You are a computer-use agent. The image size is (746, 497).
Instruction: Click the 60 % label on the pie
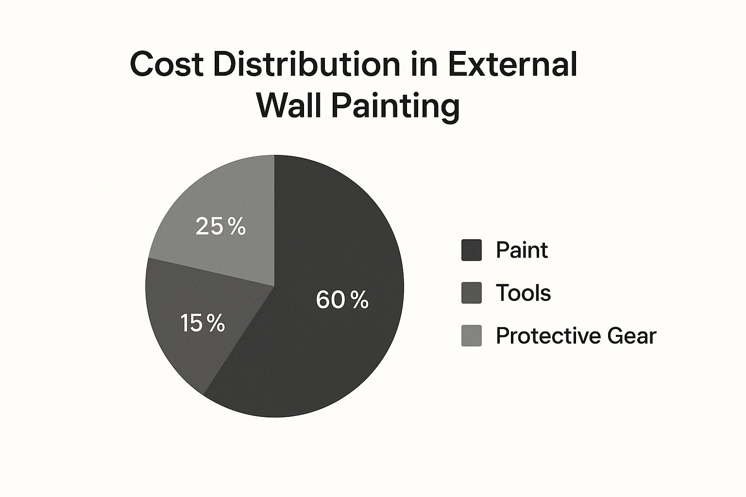[x=342, y=299]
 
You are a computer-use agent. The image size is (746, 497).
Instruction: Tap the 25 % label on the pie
[x=220, y=226]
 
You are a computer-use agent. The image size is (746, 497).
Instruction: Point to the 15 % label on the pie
[x=203, y=323]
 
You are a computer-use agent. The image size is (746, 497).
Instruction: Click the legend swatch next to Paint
[x=472, y=250]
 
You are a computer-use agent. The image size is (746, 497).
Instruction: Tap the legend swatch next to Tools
[x=472, y=293]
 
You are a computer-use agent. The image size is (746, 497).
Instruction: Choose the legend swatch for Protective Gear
[x=472, y=335]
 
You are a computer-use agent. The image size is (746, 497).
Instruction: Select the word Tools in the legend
[x=523, y=293]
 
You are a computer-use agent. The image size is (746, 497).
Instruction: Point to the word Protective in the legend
[x=548, y=335]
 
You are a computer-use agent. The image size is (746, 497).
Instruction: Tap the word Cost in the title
[x=167, y=64]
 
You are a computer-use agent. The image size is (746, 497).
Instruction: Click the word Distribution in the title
[x=307, y=64]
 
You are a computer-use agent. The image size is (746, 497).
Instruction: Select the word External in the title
[x=512, y=64]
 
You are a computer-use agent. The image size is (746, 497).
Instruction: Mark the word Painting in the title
[x=396, y=108]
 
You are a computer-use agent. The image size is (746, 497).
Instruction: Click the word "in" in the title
[x=424, y=64]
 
